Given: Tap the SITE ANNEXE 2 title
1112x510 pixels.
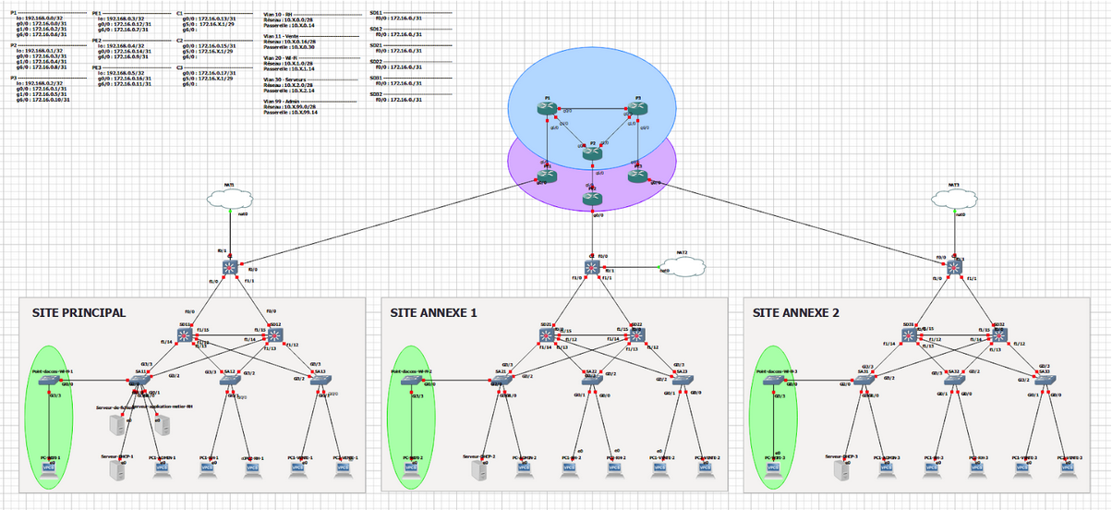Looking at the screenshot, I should (796, 313).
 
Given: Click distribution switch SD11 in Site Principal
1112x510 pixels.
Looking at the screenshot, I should (185, 335).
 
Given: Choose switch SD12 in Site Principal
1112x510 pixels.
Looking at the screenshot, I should (274, 335).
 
